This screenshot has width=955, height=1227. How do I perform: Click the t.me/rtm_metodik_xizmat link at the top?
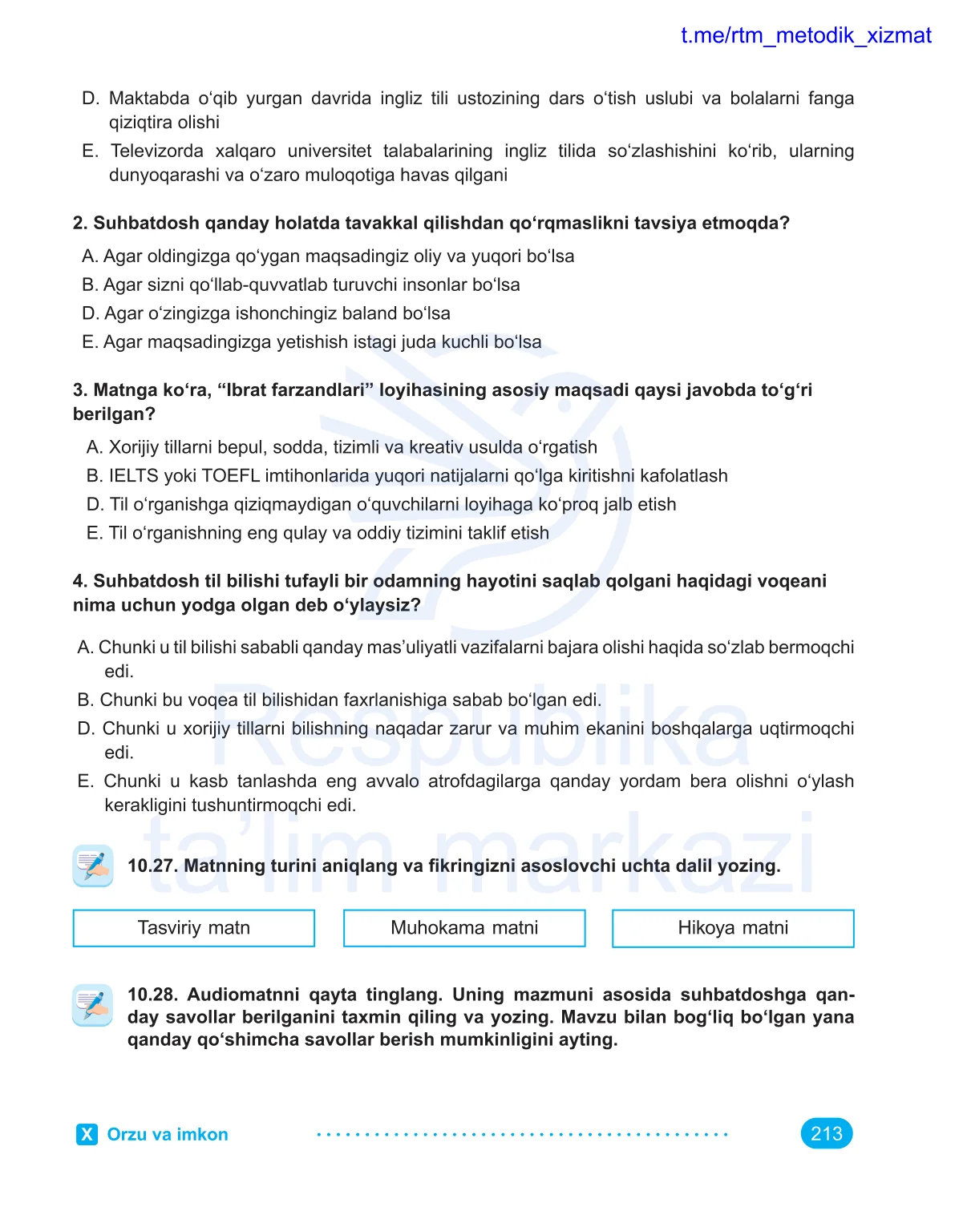click(805, 36)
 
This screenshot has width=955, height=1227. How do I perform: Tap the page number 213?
click(826, 1133)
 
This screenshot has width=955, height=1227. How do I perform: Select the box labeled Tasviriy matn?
click(193, 928)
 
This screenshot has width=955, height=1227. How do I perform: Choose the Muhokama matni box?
click(464, 928)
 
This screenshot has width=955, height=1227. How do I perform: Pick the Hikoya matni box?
click(733, 928)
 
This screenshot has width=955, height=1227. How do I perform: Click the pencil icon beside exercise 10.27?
click(93, 866)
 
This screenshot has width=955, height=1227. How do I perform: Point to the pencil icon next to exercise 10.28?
click(93, 1005)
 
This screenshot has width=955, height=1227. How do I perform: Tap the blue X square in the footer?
click(87, 1134)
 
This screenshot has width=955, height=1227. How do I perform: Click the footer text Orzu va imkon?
click(168, 1134)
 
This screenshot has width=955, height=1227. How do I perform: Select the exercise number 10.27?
click(152, 866)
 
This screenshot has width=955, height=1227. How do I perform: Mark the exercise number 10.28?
click(152, 995)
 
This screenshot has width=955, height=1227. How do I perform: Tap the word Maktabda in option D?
click(149, 99)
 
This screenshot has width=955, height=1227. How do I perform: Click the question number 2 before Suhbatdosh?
click(79, 223)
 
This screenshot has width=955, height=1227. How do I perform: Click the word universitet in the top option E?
click(330, 151)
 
